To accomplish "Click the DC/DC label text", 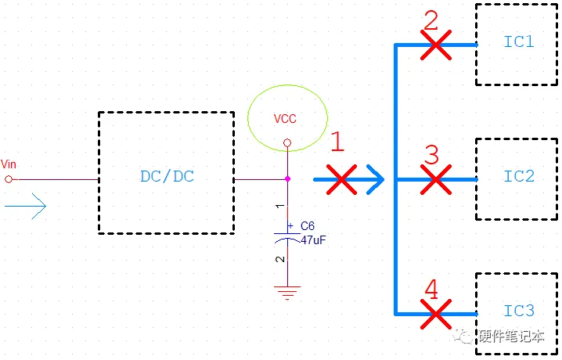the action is tap(167, 176).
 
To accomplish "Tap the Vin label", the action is tap(9, 164).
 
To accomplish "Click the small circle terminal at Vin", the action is tap(9, 179).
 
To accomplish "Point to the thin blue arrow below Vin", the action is tap(26, 207).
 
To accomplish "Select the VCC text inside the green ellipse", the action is tap(285, 119).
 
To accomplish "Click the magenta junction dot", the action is tap(287, 178).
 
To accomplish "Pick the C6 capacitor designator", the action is tap(308, 226).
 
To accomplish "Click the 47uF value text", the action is tap(314, 239).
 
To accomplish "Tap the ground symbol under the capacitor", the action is tap(287, 293).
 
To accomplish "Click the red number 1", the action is tap(337, 142).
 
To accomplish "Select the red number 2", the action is tap(431, 20).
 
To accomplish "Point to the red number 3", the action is tap(431, 154).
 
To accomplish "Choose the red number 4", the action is tap(431, 289).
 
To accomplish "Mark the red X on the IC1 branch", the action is tap(435, 45).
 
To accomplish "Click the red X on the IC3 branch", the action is tap(435, 314).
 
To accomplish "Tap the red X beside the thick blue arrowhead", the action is tap(341, 179).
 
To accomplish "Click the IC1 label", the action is tap(519, 41).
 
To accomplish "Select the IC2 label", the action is tap(519, 176).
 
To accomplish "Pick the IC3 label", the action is tap(519, 311).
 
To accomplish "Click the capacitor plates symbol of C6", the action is tap(287, 237).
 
